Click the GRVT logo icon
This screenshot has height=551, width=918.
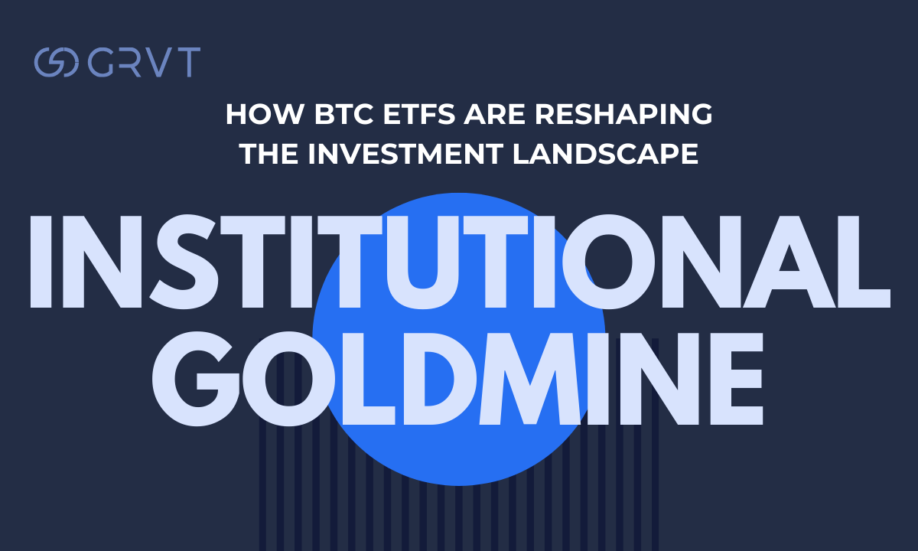coord(56,62)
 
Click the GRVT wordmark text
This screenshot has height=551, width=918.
coord(144,62)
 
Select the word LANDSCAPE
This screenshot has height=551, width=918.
coord(604,155)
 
